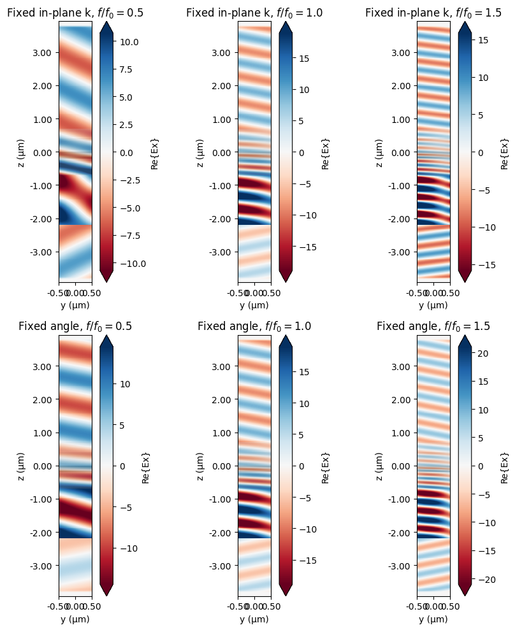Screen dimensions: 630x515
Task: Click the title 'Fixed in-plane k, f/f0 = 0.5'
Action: tap(75, 12)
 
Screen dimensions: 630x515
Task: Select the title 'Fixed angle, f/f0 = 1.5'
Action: tap(433, 326)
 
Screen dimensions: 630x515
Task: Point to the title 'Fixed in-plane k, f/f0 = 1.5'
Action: tap(433, 12)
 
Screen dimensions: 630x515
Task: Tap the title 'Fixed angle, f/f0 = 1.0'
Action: tap(254, 326)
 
